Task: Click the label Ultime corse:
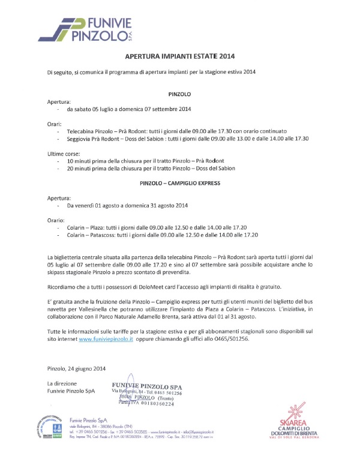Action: (x=64, y=154)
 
